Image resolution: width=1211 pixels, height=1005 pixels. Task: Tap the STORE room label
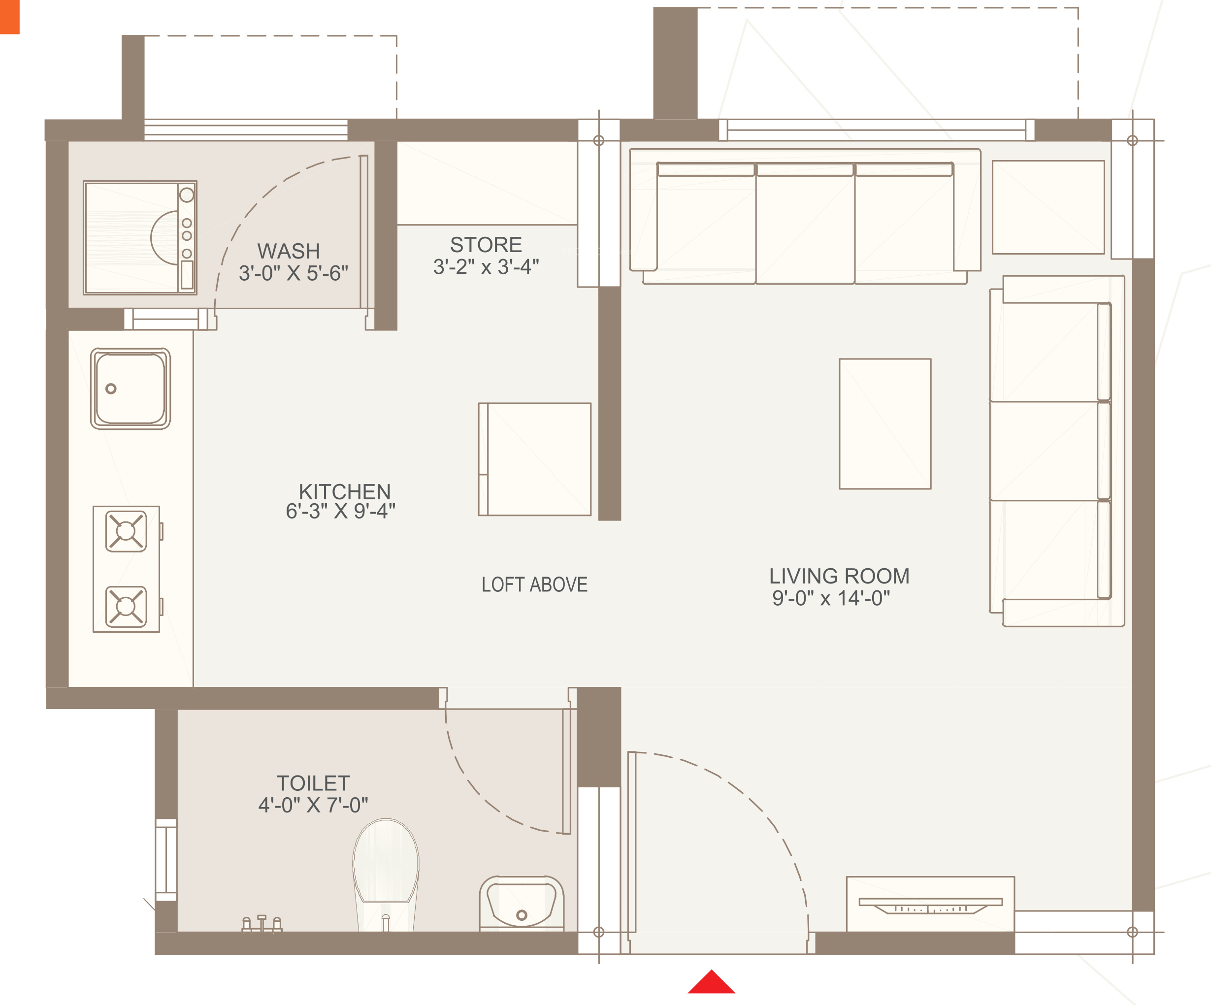coord(486,244)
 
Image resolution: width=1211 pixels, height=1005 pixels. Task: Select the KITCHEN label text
coord(345,491)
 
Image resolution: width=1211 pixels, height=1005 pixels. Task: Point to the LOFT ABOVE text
coord(534,584)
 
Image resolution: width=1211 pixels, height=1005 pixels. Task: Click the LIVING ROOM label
coord(839,576)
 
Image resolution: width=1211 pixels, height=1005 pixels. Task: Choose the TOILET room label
coord(313,783)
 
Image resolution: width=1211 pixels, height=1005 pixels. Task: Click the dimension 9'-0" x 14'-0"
coord(831,598)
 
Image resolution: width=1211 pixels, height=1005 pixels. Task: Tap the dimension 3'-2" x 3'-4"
coord(486,267)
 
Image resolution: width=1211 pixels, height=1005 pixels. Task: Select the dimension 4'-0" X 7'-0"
coord(313,805)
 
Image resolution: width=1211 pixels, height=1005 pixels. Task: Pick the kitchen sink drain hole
coord(111,389)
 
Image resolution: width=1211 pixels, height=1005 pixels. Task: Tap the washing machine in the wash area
coord(140,237)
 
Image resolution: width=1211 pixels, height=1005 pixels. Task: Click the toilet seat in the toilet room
coord(386,868)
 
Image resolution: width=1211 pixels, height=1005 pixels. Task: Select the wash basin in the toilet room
coord(522,903)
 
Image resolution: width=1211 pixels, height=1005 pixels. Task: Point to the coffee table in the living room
coord(885,424)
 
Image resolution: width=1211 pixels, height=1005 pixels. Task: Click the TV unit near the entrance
coord(930,904)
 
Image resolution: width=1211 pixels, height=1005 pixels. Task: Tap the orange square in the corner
coord(10,17)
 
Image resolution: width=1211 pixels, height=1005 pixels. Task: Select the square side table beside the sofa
coord(1048,207)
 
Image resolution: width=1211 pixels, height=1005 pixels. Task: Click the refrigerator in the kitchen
coord(534,459)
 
